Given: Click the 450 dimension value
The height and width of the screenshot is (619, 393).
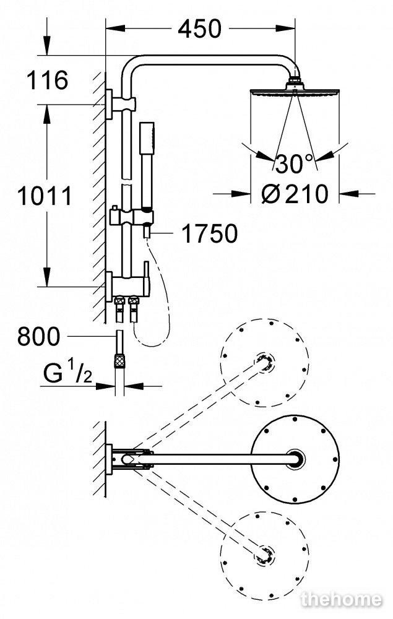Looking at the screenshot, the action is (199, 29).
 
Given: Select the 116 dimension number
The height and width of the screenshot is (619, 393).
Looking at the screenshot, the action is (47, 80).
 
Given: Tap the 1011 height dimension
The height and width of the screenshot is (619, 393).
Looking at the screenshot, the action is (45, 196).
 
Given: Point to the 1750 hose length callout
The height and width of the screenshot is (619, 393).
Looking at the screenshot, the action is (209, 233).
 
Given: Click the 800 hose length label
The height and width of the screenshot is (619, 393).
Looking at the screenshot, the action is (38, 336).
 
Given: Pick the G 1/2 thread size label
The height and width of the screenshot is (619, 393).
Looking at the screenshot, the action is (67, 373).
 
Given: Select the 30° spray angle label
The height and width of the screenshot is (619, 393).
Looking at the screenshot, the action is (294, 163).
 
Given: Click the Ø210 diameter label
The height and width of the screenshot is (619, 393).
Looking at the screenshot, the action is (295, 194).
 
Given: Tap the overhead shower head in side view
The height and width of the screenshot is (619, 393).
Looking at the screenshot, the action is (295, 92).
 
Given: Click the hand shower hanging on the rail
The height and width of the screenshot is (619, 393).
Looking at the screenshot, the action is (147, 166).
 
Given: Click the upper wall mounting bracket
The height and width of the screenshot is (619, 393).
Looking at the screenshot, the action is (120, 104).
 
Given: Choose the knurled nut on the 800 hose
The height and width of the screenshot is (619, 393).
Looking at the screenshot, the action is (119, 360).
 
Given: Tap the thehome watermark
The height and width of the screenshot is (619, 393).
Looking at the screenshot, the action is (341, 599).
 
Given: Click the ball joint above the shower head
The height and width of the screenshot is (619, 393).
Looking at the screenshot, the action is (295, 82).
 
